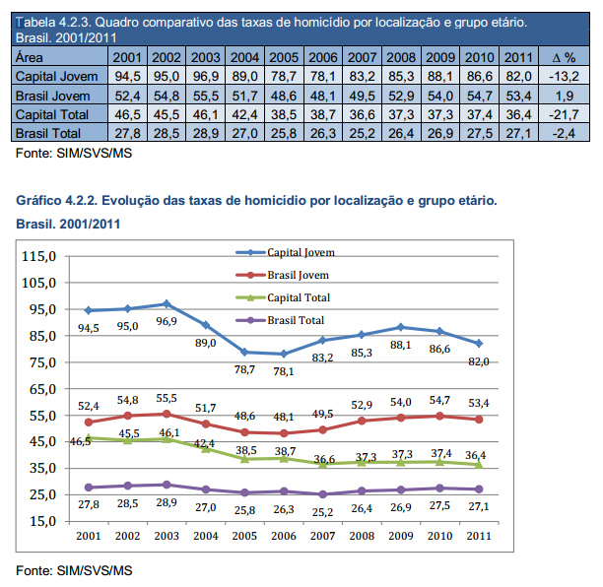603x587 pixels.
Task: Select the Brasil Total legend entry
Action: click(x=296, y=319)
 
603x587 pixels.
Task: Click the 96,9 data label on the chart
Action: click(x=167, y=321)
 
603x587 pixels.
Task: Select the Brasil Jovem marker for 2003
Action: click(x=167, y=413)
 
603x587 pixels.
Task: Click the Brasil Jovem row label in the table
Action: click(x=53, y=96)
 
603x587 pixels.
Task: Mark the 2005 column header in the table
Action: click(x=283, y=58)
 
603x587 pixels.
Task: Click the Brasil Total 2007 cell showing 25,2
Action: click(x=363, y=133)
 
